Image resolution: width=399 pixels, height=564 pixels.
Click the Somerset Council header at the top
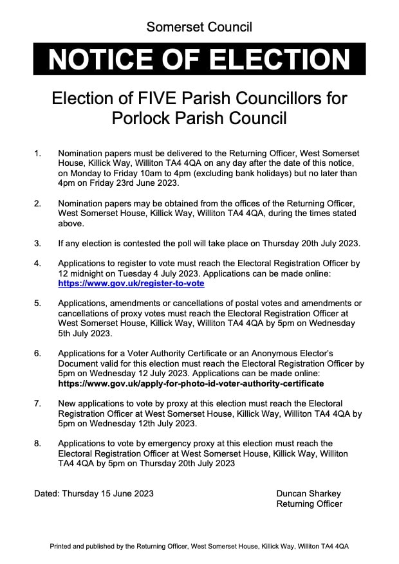coord(199,26)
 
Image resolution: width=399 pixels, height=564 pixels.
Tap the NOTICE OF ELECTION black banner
coord(199,60)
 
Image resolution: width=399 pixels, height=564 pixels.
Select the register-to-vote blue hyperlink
coord(131,283)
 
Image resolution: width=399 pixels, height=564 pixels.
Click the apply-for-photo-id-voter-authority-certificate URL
coord(191,383)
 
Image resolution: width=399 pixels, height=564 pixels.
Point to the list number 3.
coord(38,244)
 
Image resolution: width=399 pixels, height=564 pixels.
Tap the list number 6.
coord(38,354)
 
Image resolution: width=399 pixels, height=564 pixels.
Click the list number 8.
coord(38,444)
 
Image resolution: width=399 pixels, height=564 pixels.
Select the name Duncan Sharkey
coord(309,494)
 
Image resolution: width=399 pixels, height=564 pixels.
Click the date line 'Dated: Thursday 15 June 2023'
coord(94,494)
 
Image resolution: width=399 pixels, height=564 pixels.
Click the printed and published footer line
coord(199,545)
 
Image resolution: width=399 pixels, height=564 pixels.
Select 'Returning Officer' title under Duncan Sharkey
coord(310,504)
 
